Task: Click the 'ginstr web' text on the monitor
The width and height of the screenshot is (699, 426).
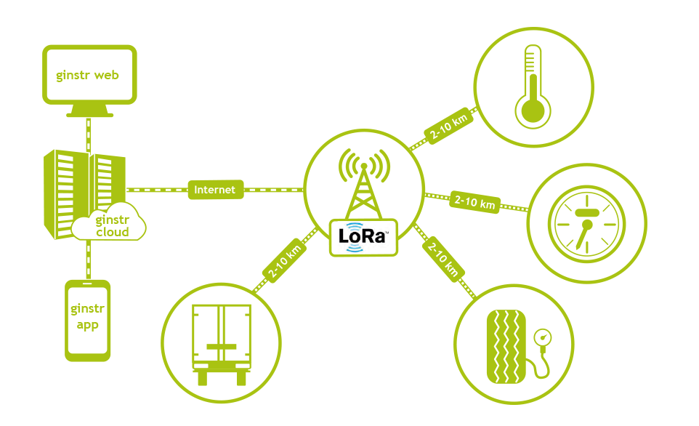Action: coord(88,75)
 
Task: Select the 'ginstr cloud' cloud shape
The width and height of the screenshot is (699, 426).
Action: coord(110,226)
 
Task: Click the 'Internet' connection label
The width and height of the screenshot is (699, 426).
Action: coord(215,190)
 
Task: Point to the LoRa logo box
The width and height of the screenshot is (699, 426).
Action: coord(364,237)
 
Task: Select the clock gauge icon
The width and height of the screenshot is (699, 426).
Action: coord(586,222)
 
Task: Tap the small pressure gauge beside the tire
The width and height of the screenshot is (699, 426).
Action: coord(542,337)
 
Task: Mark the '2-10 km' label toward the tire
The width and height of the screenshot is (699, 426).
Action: coord(443,258)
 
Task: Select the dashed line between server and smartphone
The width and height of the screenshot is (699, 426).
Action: coord(89,260)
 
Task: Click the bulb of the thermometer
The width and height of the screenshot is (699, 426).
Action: coord(533,110)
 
